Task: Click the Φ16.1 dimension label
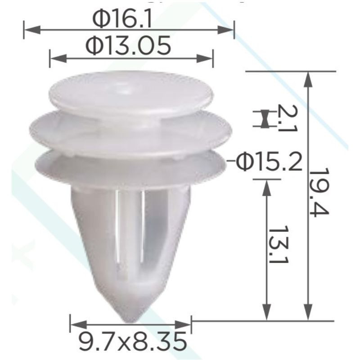point(122,19)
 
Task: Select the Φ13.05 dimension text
point(128,45)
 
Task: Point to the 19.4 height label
point(319,193)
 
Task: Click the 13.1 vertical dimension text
point(278,244)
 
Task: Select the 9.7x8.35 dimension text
point(132,342)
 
